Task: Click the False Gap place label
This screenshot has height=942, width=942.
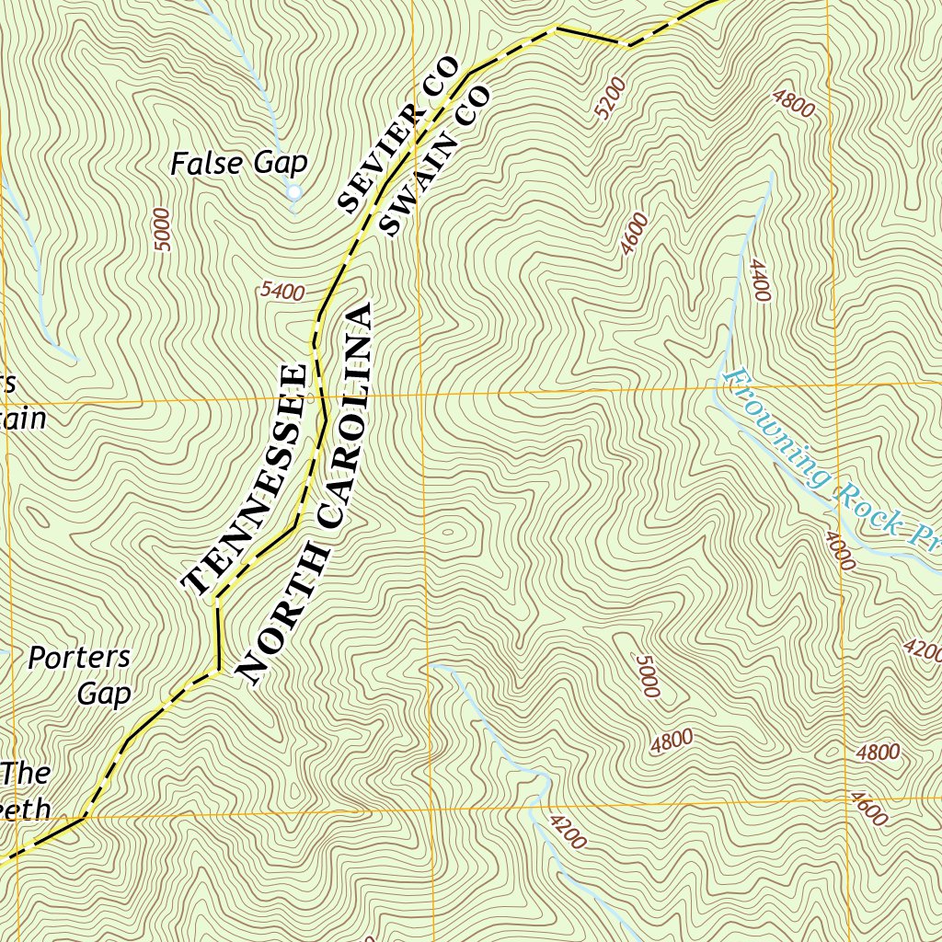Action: point(238,165)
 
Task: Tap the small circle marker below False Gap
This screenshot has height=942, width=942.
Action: point(293,192)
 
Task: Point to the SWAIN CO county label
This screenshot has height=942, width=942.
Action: point(435,162)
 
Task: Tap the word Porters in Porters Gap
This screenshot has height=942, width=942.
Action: point(79,658)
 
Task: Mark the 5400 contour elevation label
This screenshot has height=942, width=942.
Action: point(281,293)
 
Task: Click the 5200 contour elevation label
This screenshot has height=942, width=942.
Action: point(610,98)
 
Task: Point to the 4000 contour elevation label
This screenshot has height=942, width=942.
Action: point(839,550)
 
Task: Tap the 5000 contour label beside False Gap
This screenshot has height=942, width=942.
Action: point(163,230)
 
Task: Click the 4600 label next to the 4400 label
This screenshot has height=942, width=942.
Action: point(634,234)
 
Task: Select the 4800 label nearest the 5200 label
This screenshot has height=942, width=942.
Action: point(794,103)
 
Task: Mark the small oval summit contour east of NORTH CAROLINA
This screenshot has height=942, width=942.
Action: point(449,532)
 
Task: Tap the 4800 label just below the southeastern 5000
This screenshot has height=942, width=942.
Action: point(671,741)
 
